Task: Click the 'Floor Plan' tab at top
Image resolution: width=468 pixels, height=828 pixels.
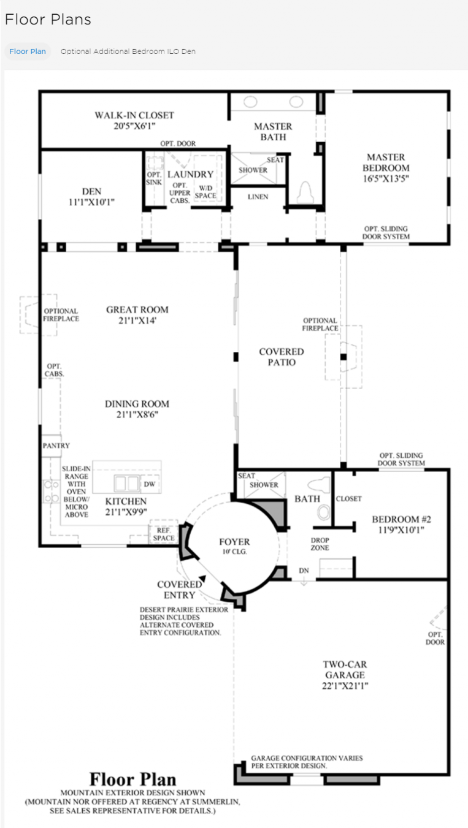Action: pyautogui.click(x=28, y=51)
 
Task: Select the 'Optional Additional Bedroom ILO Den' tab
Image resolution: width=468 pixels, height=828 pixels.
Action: pyautogui.click(x=128, y=51)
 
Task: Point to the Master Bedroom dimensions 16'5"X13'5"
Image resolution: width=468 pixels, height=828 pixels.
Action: pyautogui.click(x=386, y=178)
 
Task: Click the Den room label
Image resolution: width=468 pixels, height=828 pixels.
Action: pyautogui.click(x=91, y=191)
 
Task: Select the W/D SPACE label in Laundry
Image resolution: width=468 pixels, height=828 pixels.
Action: pyautogui.click(x=205, y=192)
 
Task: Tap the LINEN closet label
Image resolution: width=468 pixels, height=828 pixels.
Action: pyautogui.click(x=258, y=197)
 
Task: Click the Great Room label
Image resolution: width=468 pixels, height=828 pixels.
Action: pyautogui.click(x=137, y=310)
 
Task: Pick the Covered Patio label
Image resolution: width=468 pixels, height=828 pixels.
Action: pyautogui.click(x=282, y=357)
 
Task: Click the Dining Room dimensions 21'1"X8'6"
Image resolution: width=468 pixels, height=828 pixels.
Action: pyautogui.click(x=137, y=415)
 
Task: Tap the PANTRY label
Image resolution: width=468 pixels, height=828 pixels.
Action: pyautogui.click(x=56, y=446)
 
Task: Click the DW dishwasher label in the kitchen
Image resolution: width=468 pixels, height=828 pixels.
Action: pyautogui.click(x=150, y=484)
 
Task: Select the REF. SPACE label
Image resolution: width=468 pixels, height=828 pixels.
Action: pyautogui.click(x=164, y=534)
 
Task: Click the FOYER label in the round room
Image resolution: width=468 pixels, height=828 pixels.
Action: pyautogui.click(x=234, y=542)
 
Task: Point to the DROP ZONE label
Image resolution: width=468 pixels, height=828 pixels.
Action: pyautogui.click(x=320, y=544)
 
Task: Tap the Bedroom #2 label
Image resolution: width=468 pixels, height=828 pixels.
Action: pyautogui.click(x=401, y=519)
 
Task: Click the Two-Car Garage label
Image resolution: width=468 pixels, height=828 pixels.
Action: pyautogui.click(x=345, y=669)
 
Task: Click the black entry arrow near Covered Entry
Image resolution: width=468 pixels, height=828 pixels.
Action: pyautogui.click(x=202, y=579)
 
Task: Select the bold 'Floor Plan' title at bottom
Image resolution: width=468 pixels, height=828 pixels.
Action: pyautogui.click(x=133, y=779)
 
